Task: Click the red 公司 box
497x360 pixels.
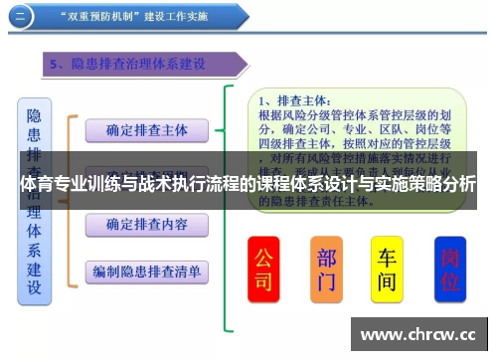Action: (263, 269)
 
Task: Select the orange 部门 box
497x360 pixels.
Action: (325, 269)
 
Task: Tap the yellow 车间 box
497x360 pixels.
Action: (387, 269)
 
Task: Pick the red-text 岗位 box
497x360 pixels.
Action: (450, 269)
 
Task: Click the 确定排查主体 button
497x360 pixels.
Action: (146, 129)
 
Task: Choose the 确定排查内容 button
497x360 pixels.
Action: (146, 225)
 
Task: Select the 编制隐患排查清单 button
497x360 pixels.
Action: (146, 270)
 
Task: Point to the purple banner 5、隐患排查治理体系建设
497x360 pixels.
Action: (139, 65)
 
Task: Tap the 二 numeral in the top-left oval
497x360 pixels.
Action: (22, 16)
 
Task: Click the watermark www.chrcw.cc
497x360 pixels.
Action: (422, 334)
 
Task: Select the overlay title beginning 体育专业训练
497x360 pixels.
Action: (248, 186)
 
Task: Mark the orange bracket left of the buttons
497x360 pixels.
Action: (70, 199)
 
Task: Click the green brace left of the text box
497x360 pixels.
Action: (231, 209)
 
